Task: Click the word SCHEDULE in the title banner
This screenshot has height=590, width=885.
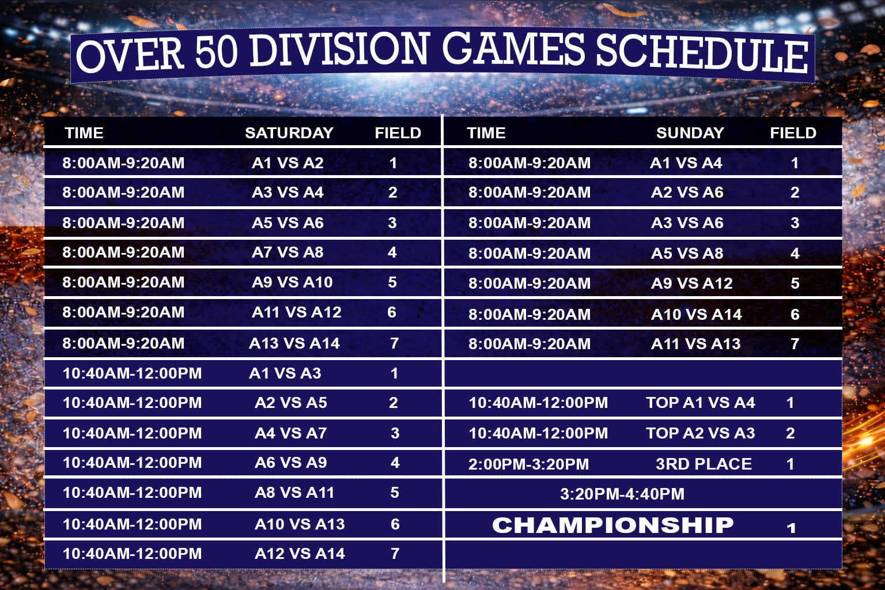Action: (x=702, y=55)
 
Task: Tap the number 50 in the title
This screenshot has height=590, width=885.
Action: (x=217, y=52)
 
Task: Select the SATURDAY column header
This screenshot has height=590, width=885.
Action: (x=289, y=133)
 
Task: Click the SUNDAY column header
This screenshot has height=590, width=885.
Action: (x=690, y=133)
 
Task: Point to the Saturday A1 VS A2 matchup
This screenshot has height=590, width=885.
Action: (x=288, y=163)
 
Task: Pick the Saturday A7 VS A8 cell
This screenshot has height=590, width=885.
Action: (x=288, y=252)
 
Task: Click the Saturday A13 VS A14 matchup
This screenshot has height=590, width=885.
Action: (x=294, y=343)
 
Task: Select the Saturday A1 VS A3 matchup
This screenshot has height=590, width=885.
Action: (x=285, y=373)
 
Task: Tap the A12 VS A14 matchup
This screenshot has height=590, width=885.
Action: (x=300, y=553)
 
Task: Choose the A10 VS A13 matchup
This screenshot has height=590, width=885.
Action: (x=300, y=524)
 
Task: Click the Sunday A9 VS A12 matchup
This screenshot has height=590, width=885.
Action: (x=692, y=283)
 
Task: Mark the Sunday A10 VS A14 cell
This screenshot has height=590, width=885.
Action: (x=697, y=314)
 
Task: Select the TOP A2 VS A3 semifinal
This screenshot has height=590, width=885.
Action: (x=701, y=433)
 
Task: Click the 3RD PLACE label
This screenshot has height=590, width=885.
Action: (x=704, y=464)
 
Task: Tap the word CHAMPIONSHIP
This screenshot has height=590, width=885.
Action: (x=613, y=525)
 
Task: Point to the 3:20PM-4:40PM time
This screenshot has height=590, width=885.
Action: (x=622, y=494)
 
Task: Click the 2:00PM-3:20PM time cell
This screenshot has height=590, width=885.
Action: (x=528, y=464)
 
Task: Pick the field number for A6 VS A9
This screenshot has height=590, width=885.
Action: (x=395, y=463)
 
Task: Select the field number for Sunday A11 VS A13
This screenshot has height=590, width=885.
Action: (x=795, y=344)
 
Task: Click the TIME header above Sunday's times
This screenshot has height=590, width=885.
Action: (x=486, y=133)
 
